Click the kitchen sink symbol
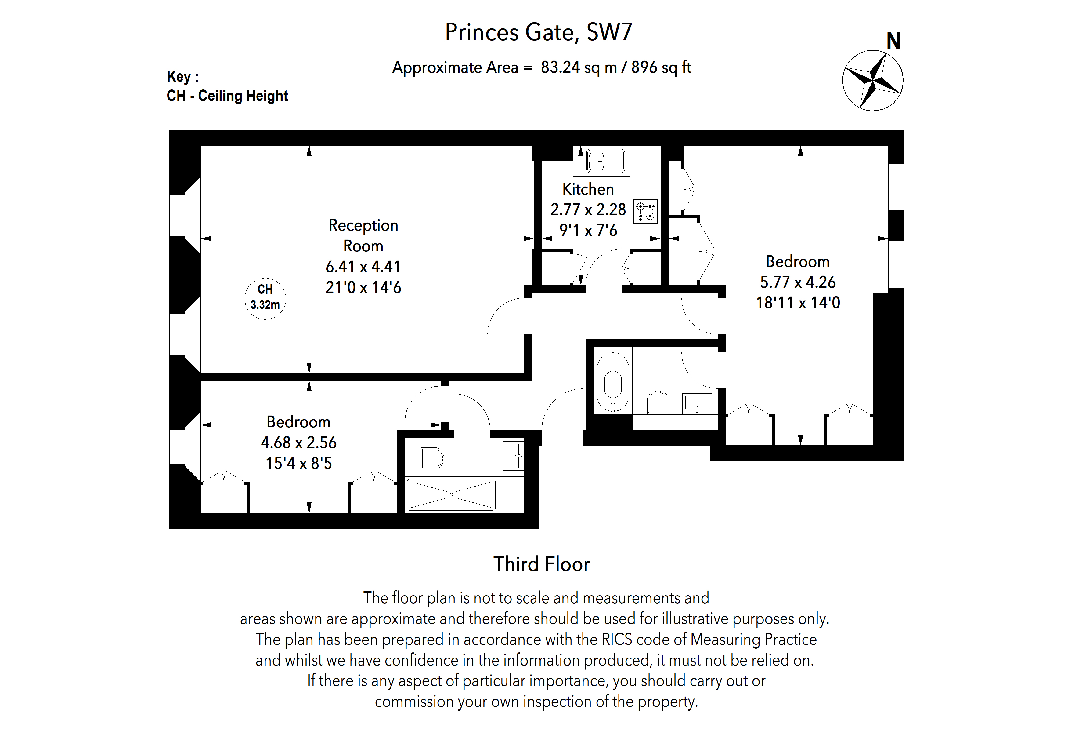[x=605, y=161]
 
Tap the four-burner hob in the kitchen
[x=645, y=212]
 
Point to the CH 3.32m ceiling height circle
[x=265, y=299]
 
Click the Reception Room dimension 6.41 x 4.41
[x=363, y=267]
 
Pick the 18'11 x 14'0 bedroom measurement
[x=798, y=303]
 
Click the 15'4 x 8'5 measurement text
[x=299, y=463]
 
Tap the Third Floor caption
[x=541, y=564]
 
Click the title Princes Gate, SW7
[x=538, y=32]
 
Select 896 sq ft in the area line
[x=661, y=67]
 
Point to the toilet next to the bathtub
[x=658, y=403]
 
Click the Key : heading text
[x=182, y=76]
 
